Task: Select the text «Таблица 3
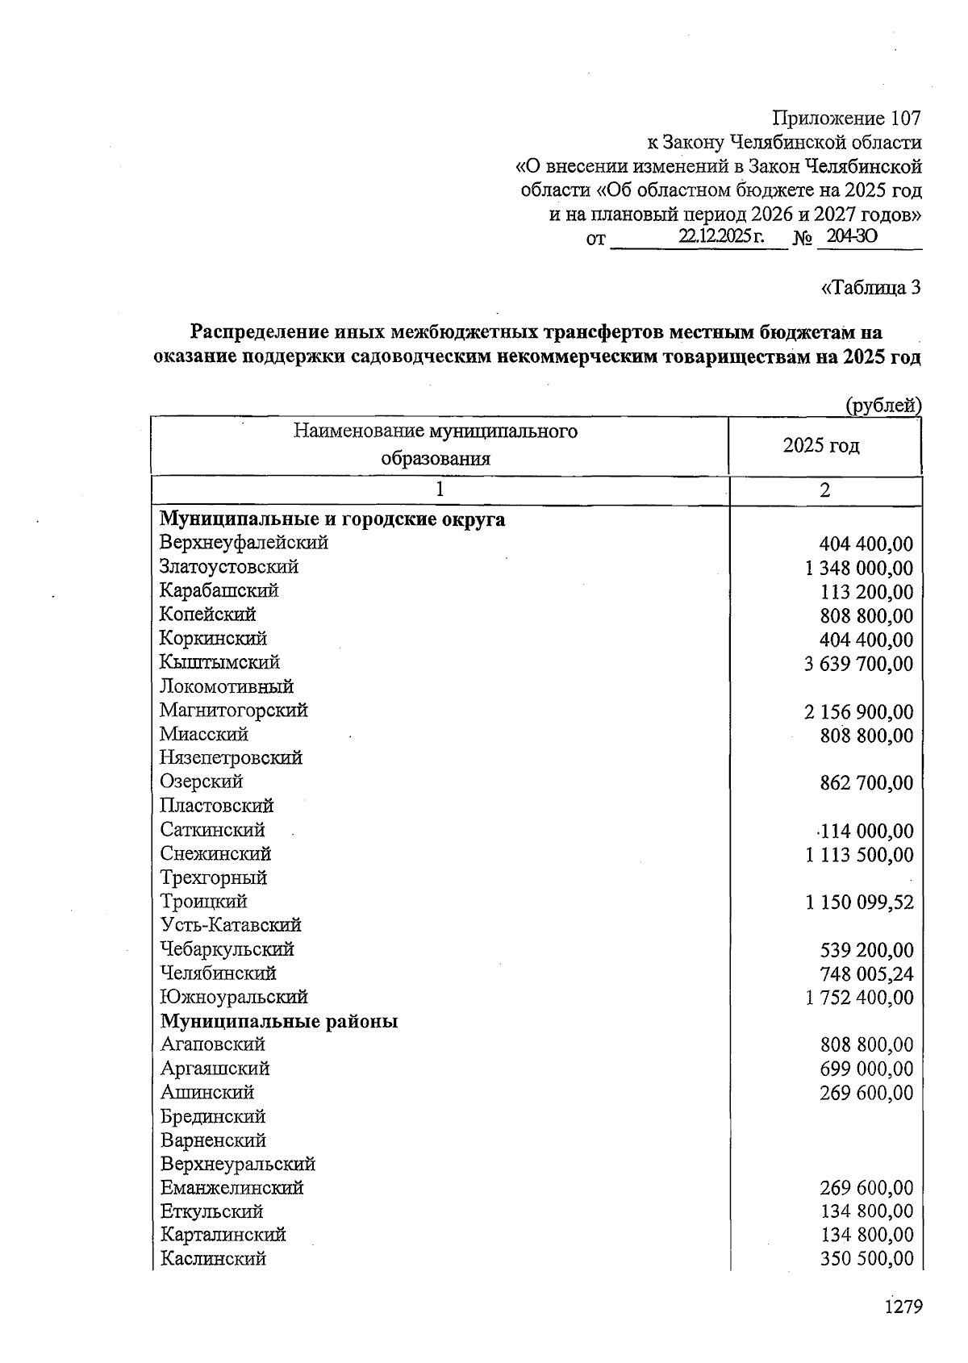[870, 287]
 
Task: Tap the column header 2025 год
[821, 445]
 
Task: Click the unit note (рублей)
[882, 406]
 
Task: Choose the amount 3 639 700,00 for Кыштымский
[859, 665]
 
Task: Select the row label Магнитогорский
[233, 711]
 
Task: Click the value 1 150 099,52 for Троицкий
[859, 902]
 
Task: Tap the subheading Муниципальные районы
[279, 1022]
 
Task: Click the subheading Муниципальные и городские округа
[332, 519]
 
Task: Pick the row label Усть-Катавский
[231, 925]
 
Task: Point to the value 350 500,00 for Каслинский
[867, 1260]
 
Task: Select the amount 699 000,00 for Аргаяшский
[867, 1069]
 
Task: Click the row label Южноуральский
[234, 997]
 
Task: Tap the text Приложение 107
[846, 119]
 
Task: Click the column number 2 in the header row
[824, 490]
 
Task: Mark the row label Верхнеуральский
[238, 1164]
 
